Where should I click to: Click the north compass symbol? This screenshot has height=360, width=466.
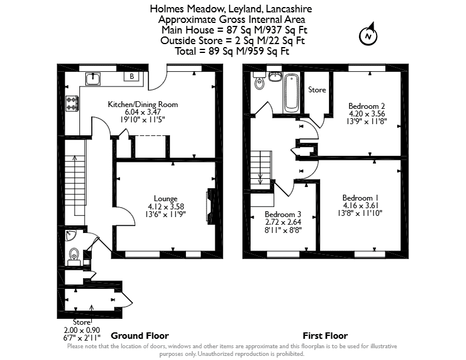[x=368, y=35]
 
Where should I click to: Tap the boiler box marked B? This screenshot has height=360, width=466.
[x=132, y=76]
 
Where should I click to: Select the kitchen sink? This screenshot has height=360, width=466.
[x=93, y=79]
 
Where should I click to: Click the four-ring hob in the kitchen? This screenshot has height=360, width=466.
[x=72, y=104]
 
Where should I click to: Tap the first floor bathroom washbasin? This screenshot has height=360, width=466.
[x=275, y=76]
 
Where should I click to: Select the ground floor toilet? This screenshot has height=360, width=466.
[x=74, y=256]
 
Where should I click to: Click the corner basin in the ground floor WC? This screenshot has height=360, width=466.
[x=71, y=235]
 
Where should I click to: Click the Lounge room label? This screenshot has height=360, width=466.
[x=165, y=198]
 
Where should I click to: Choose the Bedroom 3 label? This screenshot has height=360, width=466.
[x=283, y=214]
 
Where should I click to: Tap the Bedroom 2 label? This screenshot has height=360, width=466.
[x=367, y=106]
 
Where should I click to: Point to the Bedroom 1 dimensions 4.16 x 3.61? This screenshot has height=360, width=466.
[x=361, y=205]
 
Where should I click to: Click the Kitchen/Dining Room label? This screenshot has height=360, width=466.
[x=142, y=104]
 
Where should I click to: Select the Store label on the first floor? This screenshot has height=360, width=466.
[x=317, y=89]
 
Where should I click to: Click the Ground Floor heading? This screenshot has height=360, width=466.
[x=139, y=336]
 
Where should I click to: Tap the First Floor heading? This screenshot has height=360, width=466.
[x=325, y=336]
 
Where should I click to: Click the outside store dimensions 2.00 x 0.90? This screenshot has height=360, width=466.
[x=82, y=330]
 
